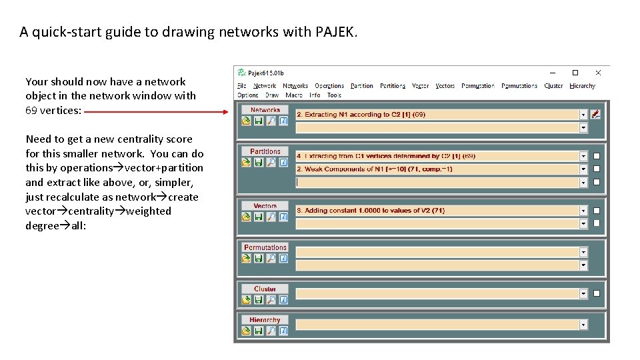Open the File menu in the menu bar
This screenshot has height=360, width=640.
(241, 85)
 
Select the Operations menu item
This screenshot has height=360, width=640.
(329, 85)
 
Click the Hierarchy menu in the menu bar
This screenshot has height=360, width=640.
(582, 85)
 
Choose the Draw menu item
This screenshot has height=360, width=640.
(272, 95)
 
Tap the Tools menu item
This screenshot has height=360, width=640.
(334, 95)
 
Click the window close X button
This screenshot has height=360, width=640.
(598, 73)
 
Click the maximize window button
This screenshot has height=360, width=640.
(575, 73)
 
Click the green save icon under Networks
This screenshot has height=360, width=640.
(258, 121)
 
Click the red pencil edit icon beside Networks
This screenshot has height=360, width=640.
(596, 115)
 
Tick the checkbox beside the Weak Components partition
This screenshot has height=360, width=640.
(597, 169)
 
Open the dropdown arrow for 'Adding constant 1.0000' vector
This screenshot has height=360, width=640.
(583, 211)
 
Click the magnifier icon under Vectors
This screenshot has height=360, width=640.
(271, 217)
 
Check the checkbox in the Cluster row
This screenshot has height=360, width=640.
(597, 293)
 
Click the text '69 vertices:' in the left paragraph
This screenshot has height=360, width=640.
(53, 111)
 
